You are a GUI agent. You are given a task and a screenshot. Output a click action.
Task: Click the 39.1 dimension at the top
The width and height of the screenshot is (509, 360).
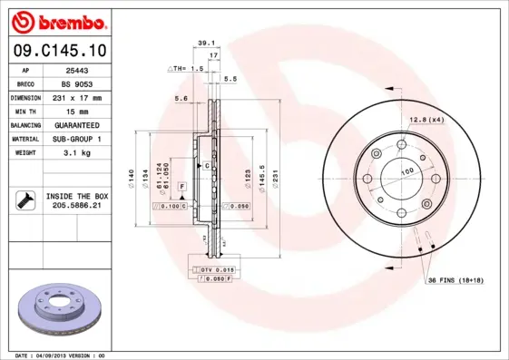coord(205,42)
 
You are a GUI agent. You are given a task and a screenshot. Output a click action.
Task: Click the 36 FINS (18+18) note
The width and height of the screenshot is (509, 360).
coord(456,280)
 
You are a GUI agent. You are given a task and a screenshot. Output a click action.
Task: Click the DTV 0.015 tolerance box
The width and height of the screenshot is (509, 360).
coord(217,270)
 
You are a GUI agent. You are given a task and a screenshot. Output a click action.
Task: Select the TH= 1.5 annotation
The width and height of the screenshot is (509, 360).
coord(183,69)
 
